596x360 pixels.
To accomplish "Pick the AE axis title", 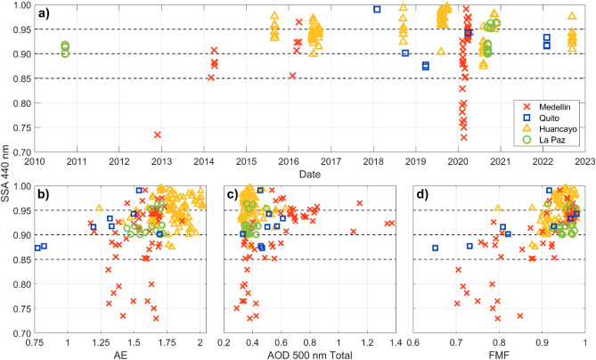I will click(x=119, y=354).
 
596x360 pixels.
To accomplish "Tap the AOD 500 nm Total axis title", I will click(x=306, y=354).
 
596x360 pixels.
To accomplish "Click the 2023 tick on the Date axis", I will click(x=584, y=161).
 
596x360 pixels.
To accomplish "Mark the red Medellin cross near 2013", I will click(x=158, y=135).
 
